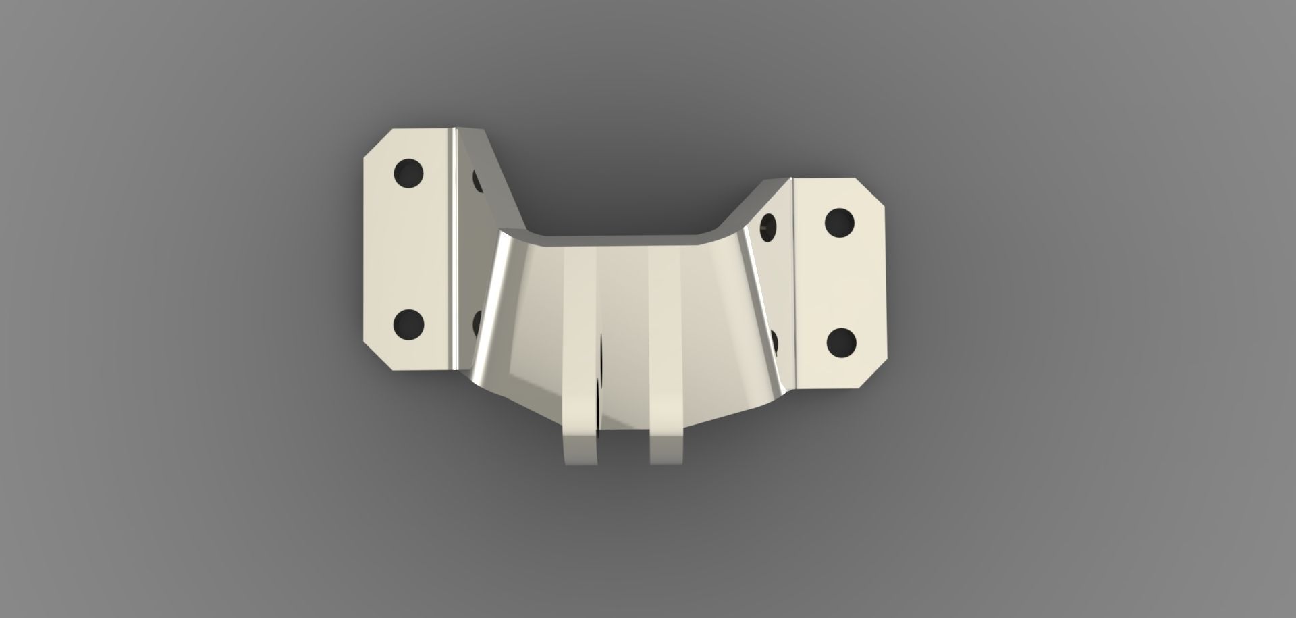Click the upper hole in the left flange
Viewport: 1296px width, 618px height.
click(408, 174)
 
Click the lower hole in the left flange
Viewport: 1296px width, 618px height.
click(408, 324)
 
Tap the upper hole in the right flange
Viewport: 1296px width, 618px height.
click(840, 222)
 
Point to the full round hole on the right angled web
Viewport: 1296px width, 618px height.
click(768, 226)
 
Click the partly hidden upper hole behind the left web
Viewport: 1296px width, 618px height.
click(477, 180)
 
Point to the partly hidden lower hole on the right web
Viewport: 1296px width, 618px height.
click(774, 341)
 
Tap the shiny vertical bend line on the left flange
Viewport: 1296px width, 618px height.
click(454, 250)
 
